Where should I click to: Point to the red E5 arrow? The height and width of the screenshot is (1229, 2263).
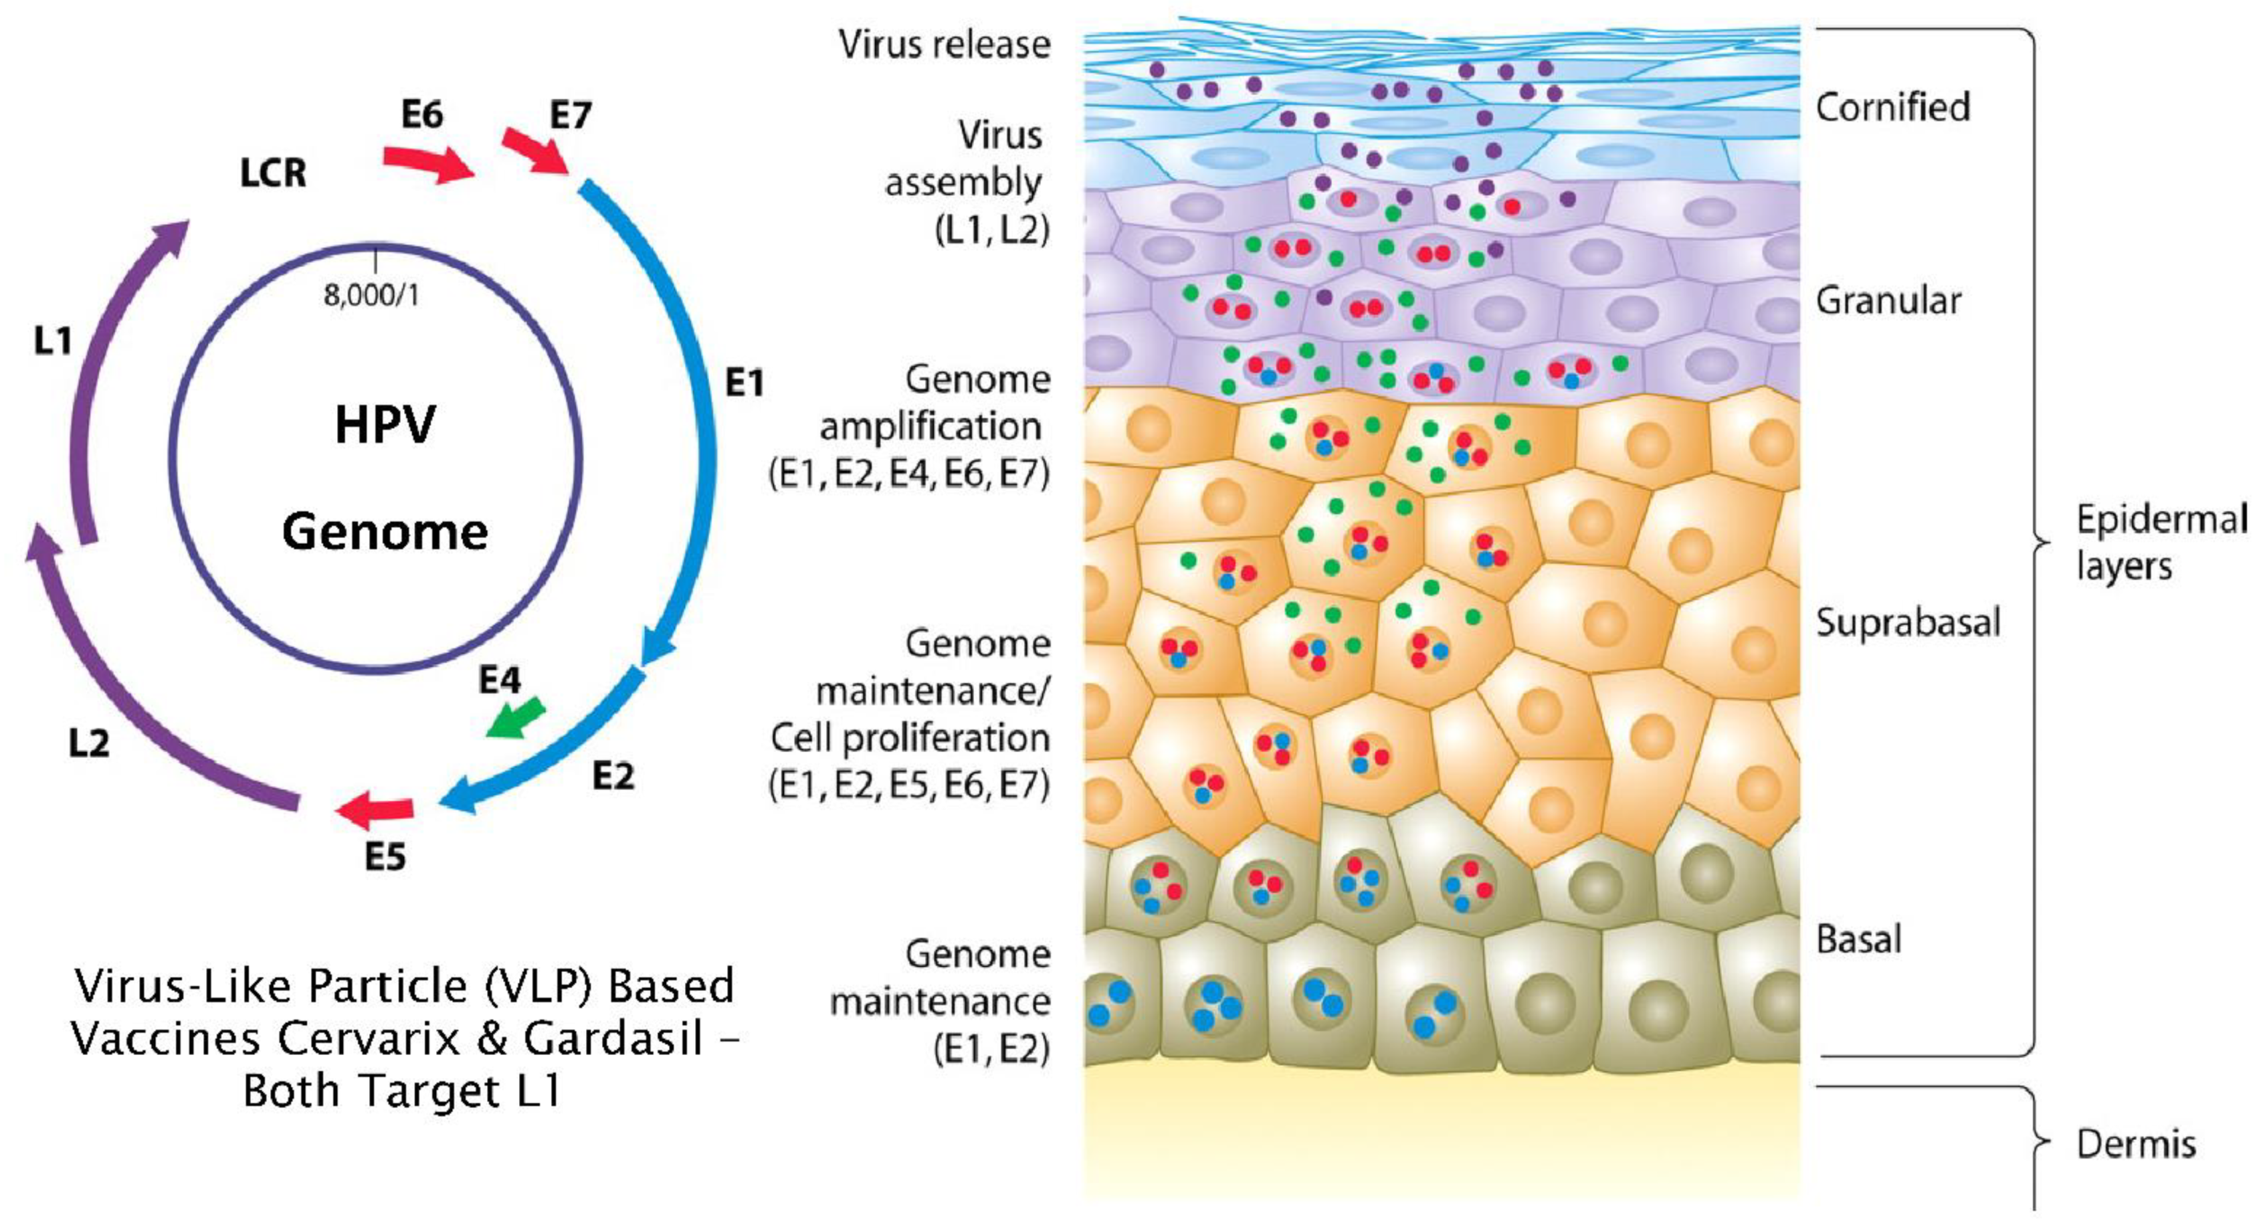click(375, 810)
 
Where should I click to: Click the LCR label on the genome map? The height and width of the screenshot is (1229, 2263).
click(273, 173)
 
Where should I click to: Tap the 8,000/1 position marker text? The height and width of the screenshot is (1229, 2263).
click(372, 295)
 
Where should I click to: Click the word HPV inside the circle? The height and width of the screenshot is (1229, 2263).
click(385, 426)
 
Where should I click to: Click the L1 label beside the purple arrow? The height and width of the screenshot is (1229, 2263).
click(53, 340)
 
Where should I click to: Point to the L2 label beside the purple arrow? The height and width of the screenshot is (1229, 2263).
click(89, 744)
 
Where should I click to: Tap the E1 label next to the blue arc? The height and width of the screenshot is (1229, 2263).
click(744, 383)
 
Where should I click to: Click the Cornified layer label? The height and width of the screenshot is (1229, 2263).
click(1892, 107)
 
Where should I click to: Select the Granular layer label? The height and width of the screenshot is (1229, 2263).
click(1888, 301)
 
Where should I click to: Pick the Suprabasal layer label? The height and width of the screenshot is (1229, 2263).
click(1908, 623)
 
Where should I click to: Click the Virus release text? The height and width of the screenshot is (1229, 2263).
click(945, 45)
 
